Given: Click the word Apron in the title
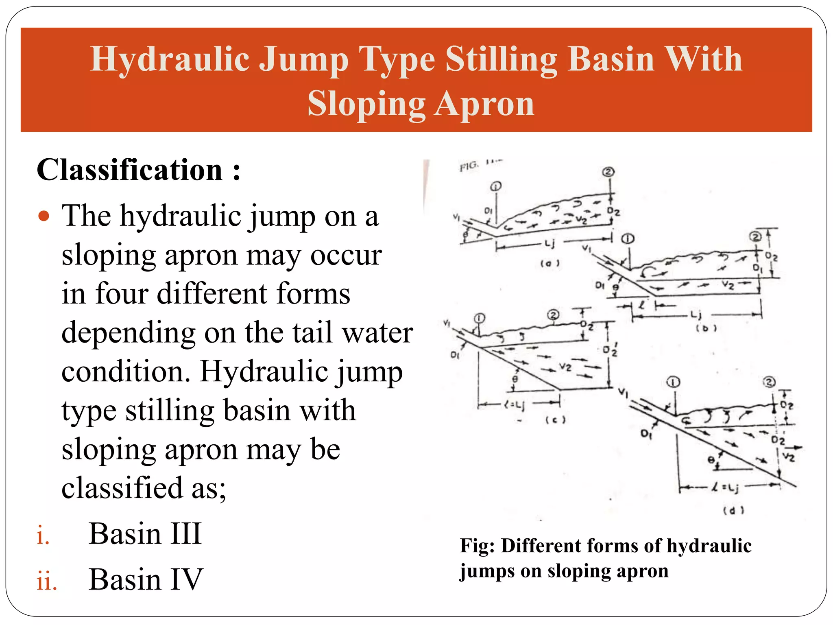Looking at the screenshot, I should tap(484, 104).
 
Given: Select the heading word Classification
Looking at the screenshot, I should tap(129, 170).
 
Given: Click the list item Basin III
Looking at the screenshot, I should tap(145, 533).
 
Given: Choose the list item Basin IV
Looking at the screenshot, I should tap(146, 579).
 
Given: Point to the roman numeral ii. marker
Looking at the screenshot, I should tap(46, 581).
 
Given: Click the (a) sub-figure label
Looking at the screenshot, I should tap(550, 263).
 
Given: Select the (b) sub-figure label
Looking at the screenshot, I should tap(706, 328).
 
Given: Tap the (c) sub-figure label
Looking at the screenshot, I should tap(555, 420).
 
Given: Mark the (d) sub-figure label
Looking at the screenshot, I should tap(733, 510).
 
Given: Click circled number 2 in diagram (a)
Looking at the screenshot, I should tap(608, 172).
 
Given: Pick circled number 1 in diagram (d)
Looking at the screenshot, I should tap(673, 382).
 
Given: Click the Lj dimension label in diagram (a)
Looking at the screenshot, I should tap(550, 243).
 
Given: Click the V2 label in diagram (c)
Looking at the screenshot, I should tap(565, 367).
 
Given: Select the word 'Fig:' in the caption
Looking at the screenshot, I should tap(477, 546).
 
